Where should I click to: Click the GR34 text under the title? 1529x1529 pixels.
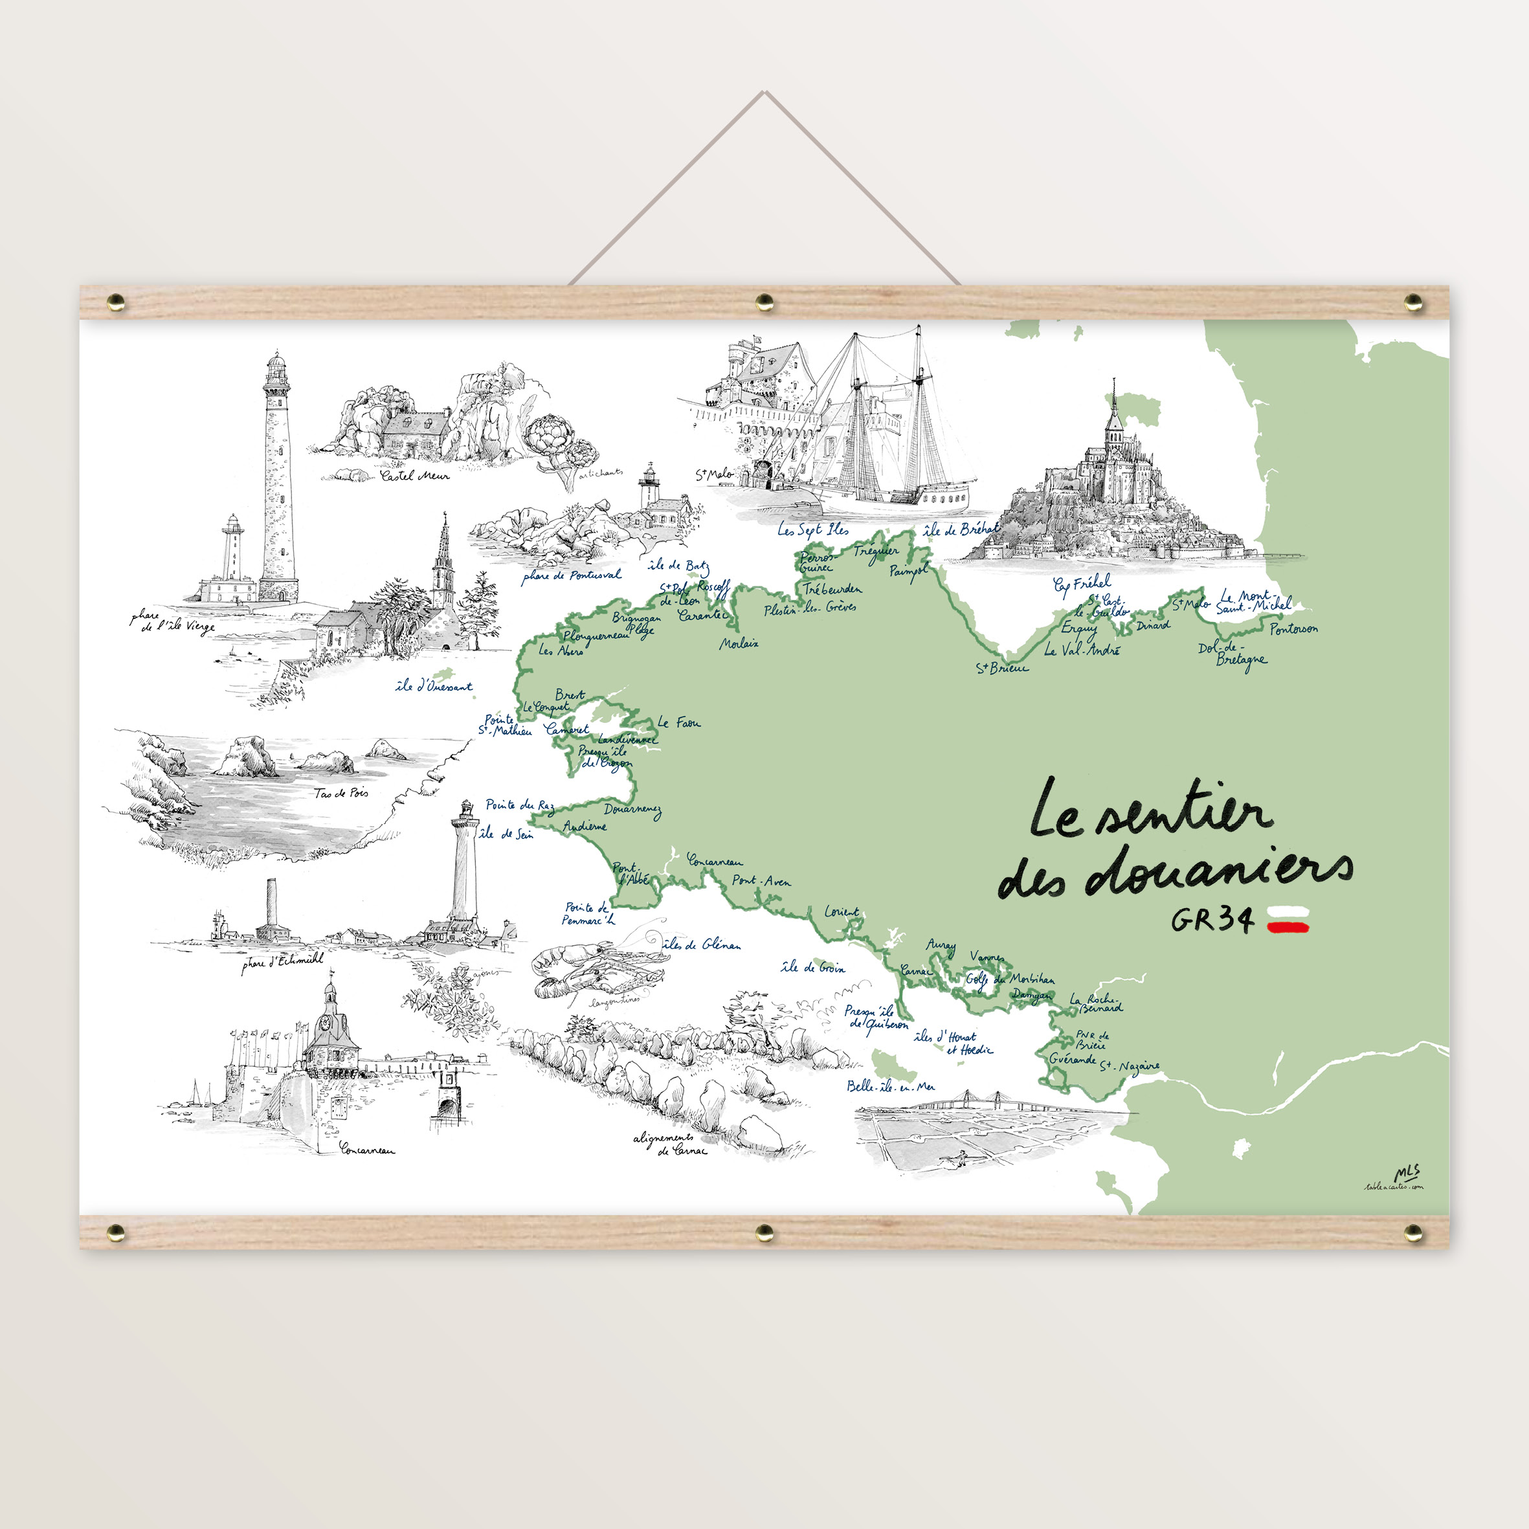[1212, 920]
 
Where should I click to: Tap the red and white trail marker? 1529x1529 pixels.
[1288, 924]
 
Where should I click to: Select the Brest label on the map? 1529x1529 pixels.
[570, 695]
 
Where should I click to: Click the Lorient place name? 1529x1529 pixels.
[842, 911]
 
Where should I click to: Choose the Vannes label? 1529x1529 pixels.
[987, 957]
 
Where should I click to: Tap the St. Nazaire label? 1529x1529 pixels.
[1130, 1067]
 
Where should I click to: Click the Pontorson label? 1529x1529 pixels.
[1294, 629]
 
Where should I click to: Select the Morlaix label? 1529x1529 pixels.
[739, 643]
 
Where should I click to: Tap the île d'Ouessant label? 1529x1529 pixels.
[434, 686]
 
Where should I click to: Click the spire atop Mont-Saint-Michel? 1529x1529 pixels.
[1114, 396]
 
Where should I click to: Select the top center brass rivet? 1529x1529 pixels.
[764, 301]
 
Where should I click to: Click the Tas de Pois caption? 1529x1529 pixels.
[341, 793]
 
